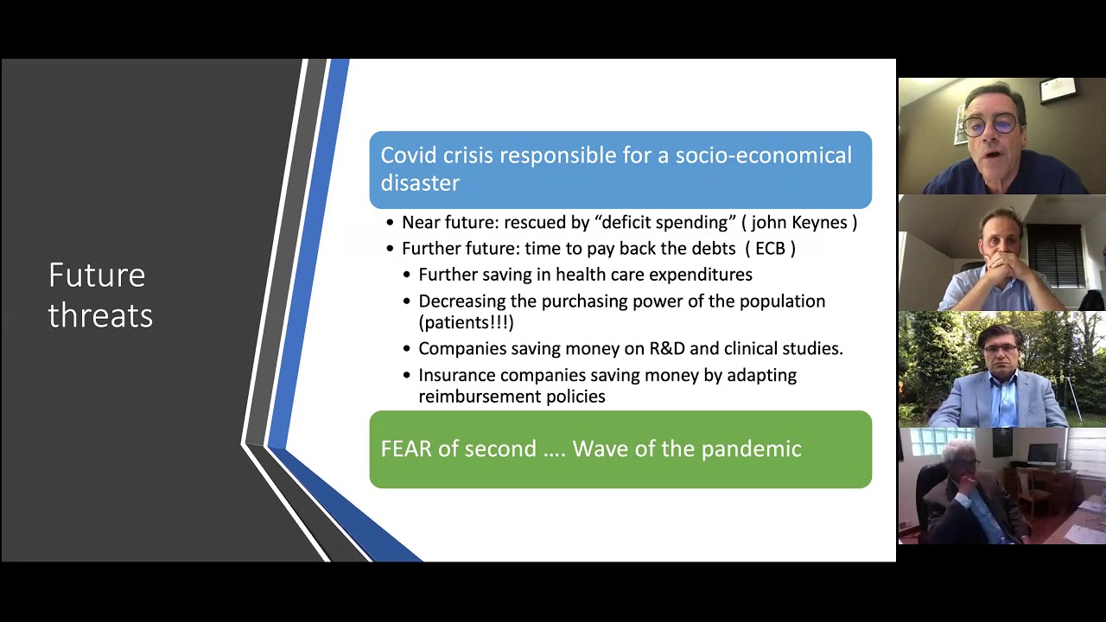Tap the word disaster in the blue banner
pyautogui.click(x=420, y=183)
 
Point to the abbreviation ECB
pyautogui.click(x=770, y=249)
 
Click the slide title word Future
pyautogui.click(x=97, y=276)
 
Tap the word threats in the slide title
pyautogui.click(x=100, y=315)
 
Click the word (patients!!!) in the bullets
pyautogui.click(x=466, y=323)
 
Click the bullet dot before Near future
pyautogui.click(x=391, y=223)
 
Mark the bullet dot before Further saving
pyautogui.click(x=408, y=276)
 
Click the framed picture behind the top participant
pyautogui.click(x=1058, y=90)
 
